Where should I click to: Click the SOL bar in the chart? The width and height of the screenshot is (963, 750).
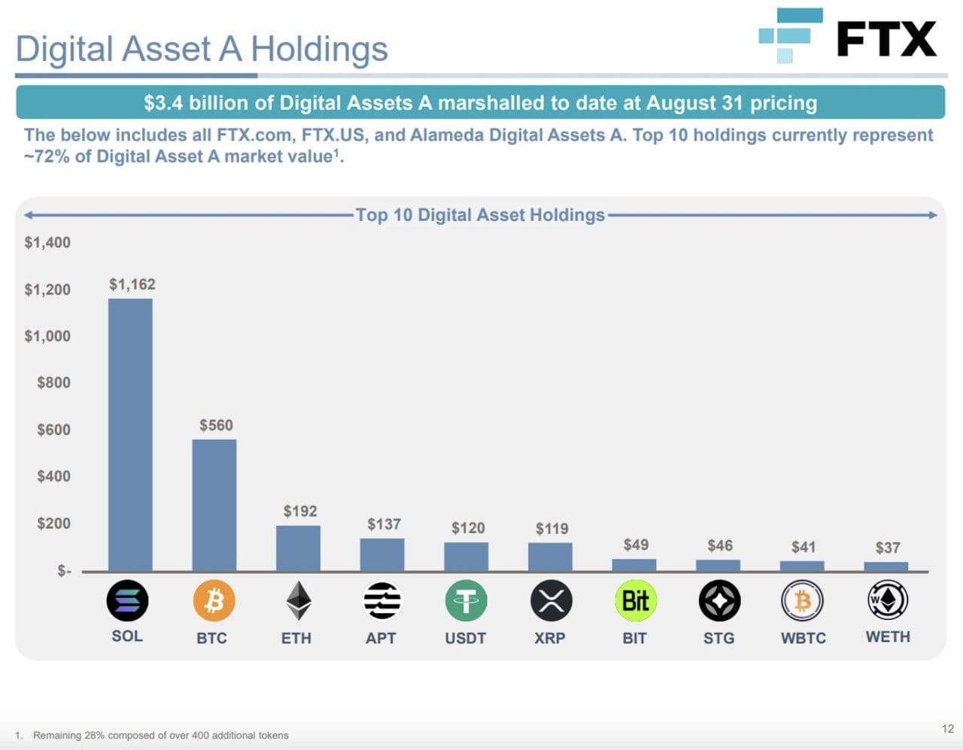pyautogui.click(x=130, y=435)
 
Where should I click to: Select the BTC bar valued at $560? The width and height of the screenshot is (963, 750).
pyautogui.click(x=214, y=505)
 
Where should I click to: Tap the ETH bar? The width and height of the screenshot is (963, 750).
pyautogui.click(x=298, y=548)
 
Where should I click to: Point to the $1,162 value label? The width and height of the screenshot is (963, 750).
pyautogui.click(x=132, y=284)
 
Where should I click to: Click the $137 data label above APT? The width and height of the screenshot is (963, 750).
pyautogui.click(x=384, y=524)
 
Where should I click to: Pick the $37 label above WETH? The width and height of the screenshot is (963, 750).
pyautogui.click(x=888, y=548)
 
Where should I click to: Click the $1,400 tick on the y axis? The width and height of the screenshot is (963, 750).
pyautogui.click(x=47, y=242)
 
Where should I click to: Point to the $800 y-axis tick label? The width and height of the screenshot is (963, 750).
pyautogui.click(x=53, y=383)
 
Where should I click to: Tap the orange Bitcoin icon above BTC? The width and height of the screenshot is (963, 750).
pyautogui.click(x=214, y=600)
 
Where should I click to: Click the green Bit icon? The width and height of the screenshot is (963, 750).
pyautogui.click(x=636, y=600)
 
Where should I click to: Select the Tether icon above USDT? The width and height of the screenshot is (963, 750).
pyautogui.click(x=466, y=600)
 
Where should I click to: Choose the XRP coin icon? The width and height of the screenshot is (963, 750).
pyautogui.click(x=551, y=600)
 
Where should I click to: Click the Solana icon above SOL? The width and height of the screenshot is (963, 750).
pyautogui.click(x=127, y=600)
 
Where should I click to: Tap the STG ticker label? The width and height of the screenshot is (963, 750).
pyautogui.click(x=718, y=638)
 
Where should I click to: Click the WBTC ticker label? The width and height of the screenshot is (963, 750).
pyautogui.click(x=804, y=638)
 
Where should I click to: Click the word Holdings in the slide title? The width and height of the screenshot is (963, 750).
pyautogui.click(x=319, y=49)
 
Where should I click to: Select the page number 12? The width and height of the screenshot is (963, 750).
pyautogui.click(x=947, y=728)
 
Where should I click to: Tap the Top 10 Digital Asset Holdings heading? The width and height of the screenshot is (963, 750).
pyautogui.click(x=480, y=215)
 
